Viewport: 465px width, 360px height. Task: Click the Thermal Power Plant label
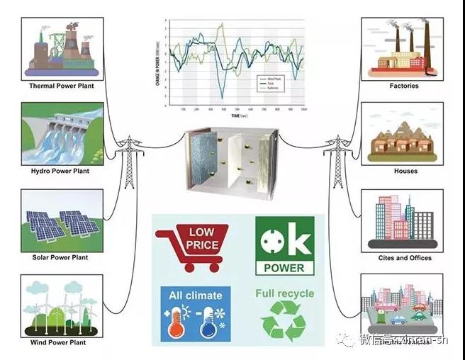pos(62,86)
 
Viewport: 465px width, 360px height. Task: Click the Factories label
pos(404,86)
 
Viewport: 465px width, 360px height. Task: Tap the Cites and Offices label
pos(403,258)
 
